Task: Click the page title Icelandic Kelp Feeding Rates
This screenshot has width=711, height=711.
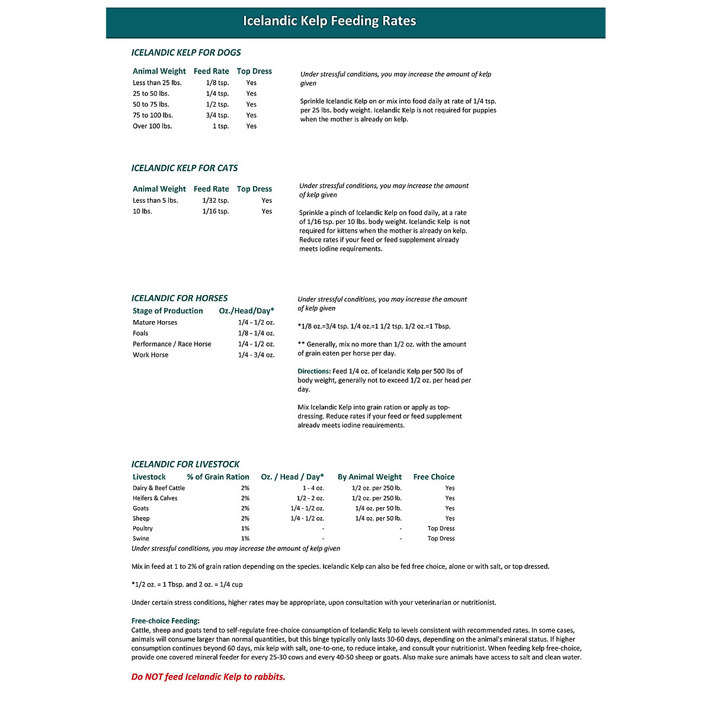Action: (329, 21)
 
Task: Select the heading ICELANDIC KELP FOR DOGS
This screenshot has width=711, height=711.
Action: (186, 53)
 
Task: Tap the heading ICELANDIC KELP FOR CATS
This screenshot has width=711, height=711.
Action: (184, 168)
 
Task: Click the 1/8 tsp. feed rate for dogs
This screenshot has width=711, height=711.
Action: (217, 83)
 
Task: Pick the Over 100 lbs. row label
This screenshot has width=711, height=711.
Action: (152, 126)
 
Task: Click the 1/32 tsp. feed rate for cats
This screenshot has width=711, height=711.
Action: (215, 201)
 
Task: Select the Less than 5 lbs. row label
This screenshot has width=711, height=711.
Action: (155, 201)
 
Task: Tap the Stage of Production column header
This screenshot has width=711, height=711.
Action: (168, 311)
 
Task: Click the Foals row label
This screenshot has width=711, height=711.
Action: (140, 334)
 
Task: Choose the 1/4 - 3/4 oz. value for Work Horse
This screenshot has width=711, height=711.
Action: (256, 355)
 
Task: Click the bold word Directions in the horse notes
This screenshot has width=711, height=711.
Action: (314, 371)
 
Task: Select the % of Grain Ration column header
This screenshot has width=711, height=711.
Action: (218, 477)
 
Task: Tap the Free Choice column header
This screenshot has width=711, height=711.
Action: (434, 477)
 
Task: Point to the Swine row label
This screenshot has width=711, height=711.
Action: (141, 539)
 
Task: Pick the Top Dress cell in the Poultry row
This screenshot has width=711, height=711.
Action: (441, 529)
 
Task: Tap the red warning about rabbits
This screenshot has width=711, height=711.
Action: (208, 677)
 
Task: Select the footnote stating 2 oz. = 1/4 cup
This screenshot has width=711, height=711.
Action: (187, 585)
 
